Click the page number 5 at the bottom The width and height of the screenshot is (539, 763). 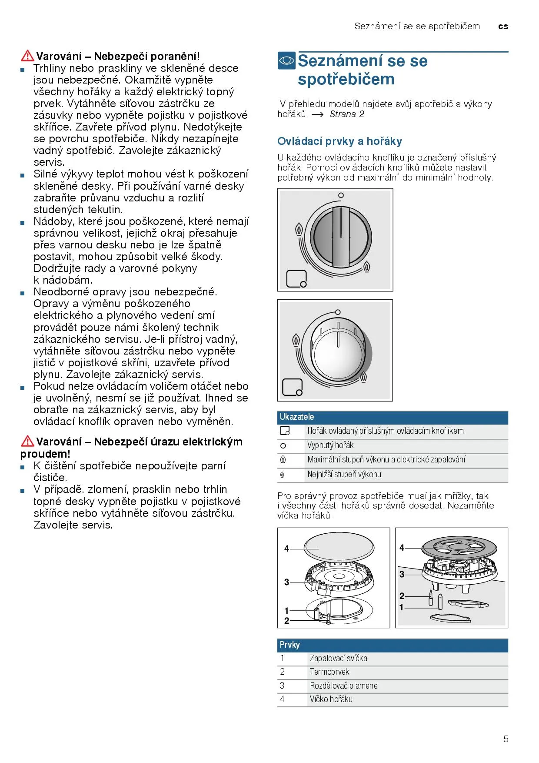(506, 739)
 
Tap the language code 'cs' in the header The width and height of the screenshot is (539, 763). (503, 27)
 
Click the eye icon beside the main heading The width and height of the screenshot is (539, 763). (286, 60)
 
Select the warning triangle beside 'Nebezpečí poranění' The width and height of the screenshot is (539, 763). (27, 56)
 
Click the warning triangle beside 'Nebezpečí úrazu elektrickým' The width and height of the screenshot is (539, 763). (27, 441)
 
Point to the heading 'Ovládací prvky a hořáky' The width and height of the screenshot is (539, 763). (339, 141)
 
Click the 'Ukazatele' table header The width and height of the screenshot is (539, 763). (297, 417)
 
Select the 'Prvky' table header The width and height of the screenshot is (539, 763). (289, 645)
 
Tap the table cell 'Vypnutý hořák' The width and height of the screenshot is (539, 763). (330, 445)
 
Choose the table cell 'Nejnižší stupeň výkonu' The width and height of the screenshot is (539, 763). (344, 474)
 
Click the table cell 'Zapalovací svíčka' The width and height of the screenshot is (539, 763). (338, 658)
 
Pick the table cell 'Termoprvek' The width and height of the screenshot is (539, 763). (329, 672)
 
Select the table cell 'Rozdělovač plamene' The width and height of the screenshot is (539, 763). (343, 686)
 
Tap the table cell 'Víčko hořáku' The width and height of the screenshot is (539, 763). (331, 699)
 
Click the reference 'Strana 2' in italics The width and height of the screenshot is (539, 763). (346, 114)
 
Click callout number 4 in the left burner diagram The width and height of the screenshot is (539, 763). (286, 549)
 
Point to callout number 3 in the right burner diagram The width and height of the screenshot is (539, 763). (402, 574)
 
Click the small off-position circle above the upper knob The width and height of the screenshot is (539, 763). (341, 196)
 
